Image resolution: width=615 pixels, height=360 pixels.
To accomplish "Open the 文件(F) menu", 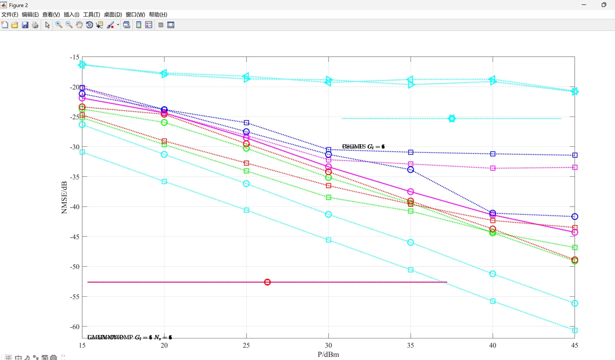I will pyautogui.click(x=10, y=15).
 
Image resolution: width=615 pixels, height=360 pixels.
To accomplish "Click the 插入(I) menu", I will pyautogui.click(x=71, y=15).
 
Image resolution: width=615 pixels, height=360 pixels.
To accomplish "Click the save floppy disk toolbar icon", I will pyautogui.click(x=25, y=25).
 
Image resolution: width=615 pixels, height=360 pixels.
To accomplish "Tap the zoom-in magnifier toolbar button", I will pyautogui.click(x=59, y=25).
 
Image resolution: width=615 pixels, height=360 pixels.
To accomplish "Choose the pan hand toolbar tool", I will pyautogui.click(x=79, y=25).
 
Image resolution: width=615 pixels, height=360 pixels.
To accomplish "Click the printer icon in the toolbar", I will pyautogui.click(x=35, y=25).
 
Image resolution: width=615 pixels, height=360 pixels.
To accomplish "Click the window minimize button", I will pyautogui.click(x=584, y=5).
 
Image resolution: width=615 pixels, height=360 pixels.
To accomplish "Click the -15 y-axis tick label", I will pyautogui.click(x=75, y=57).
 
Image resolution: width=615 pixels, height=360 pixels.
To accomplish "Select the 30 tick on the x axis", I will pyautogui.click(x=328, y=346).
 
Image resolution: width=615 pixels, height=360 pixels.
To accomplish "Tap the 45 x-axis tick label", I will pyautogui.click(x=574, y=346).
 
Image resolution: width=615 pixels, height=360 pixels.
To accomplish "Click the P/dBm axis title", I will pyautogui.click(x=328, y=354).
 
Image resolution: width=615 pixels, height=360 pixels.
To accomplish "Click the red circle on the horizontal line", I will pyautogui.click(x=267, y=282).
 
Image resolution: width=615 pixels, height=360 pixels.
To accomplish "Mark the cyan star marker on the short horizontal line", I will pyautogui.click(x=452, y=119).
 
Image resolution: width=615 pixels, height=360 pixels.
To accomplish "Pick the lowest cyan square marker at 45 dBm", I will pyautogui.click(x=575, y=330).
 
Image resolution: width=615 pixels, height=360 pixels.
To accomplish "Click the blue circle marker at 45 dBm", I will pyautogui.click(x=575, y=217).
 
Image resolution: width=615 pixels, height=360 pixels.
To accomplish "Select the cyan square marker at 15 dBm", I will pyautogui.click(x=82, y=152).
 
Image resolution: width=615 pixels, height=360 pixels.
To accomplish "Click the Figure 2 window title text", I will pyautogui.click(x=18, y=5).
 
